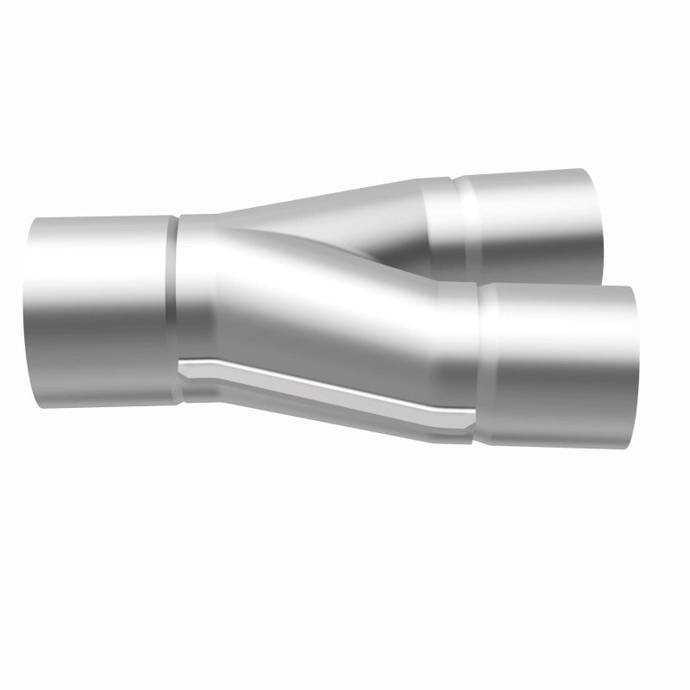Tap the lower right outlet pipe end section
(561, 367)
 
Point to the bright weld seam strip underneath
(328, 392)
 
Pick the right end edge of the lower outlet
(635, 367)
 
